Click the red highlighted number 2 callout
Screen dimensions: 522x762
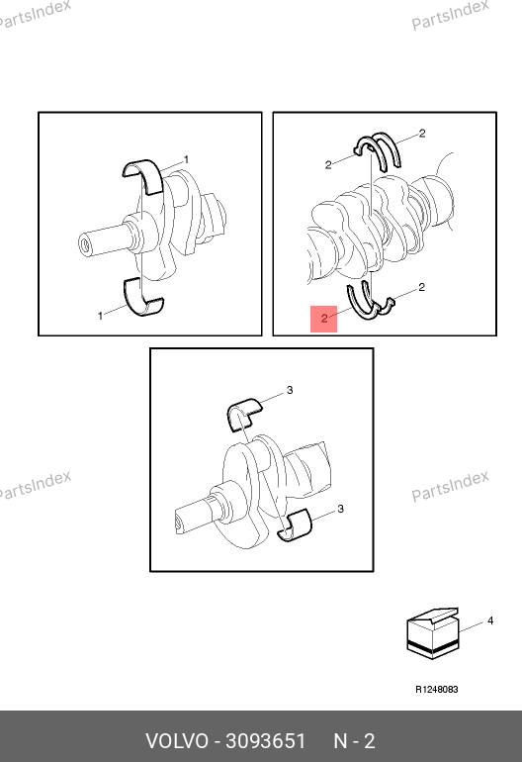[x=324, y=319]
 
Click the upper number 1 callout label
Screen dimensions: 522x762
[x=186, y=160]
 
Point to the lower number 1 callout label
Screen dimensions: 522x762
[x=101, y=316]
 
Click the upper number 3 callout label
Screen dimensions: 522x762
[x=290, y=390]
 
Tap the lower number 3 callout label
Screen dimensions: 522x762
[x=340, y=509]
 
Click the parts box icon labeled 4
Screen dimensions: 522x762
[x=432, y=634]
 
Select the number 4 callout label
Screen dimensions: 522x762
[x=490, y=620]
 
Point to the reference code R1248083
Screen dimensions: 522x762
[x=437, y=689]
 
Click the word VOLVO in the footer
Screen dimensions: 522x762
[x=177, y=741]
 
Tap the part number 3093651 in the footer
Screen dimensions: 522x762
[x=266, y=741]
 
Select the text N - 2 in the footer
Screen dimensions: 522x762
[x=354, y=741]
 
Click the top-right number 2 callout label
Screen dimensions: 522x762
[x=422, y=134]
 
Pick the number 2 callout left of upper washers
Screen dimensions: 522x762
[x=328, y=165]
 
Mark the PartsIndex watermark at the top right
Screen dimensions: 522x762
[x=450, y=14]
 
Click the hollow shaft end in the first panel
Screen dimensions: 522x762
[x=86, y=244]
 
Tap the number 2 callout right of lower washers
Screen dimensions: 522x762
[x=421, y=287]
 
